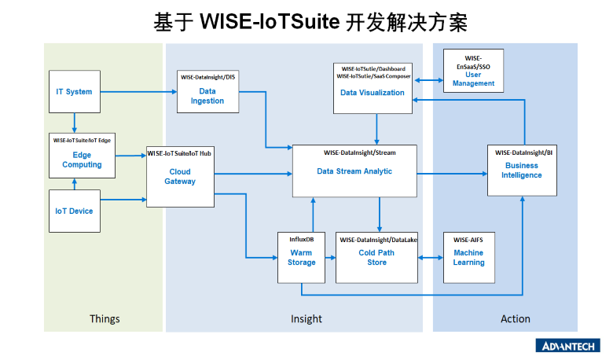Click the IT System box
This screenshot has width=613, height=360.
(75, 92)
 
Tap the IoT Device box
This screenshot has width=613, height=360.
(75, 211)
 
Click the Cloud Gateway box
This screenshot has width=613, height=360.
(180, 177)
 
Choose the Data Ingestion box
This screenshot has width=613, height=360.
(207, 92)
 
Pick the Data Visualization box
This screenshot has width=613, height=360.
(373, 87)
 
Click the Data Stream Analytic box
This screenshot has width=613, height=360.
(354, 171)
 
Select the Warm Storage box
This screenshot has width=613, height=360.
(301, 257)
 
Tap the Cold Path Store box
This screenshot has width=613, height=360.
(377, 257)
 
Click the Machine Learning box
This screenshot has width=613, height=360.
(468, 257)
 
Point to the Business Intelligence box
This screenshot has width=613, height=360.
(522, 170)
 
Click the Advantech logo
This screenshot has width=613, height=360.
(567, 346)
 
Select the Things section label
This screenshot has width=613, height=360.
(105, 319)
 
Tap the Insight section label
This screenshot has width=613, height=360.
(306, 319)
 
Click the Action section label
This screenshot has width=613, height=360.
(516, 319)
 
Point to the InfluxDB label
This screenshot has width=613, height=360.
(301, 238)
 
